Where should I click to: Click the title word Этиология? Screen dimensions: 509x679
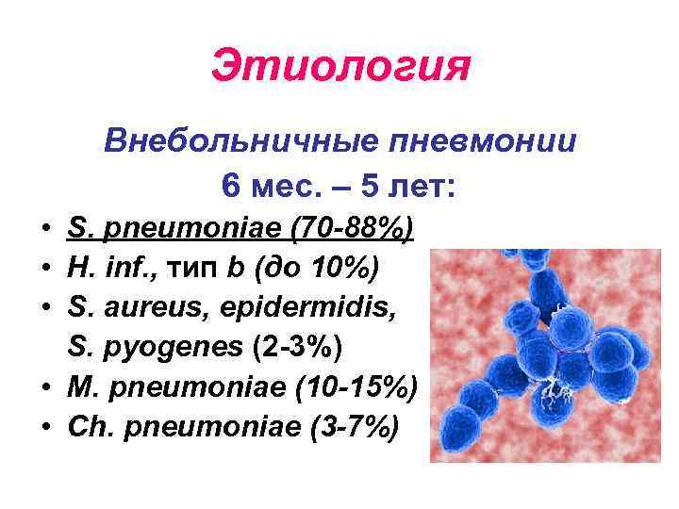339,67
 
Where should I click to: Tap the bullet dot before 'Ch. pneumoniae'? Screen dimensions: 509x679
46,427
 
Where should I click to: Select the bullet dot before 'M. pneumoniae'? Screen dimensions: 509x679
46,386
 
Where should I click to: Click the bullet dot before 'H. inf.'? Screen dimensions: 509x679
46,272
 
